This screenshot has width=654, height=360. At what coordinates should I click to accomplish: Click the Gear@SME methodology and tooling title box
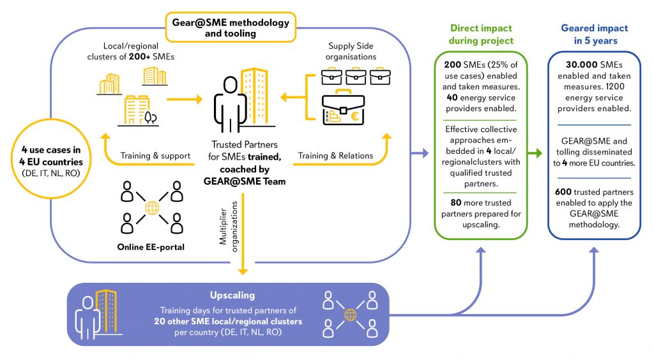pos(231,27)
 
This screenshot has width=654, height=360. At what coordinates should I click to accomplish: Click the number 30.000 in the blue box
pos(577,67)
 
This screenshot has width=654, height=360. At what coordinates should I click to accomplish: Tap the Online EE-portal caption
pos(151,247)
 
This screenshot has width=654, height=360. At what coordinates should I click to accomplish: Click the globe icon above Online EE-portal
pos(151,208)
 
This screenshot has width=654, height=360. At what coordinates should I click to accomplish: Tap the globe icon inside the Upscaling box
pos(349,314)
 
